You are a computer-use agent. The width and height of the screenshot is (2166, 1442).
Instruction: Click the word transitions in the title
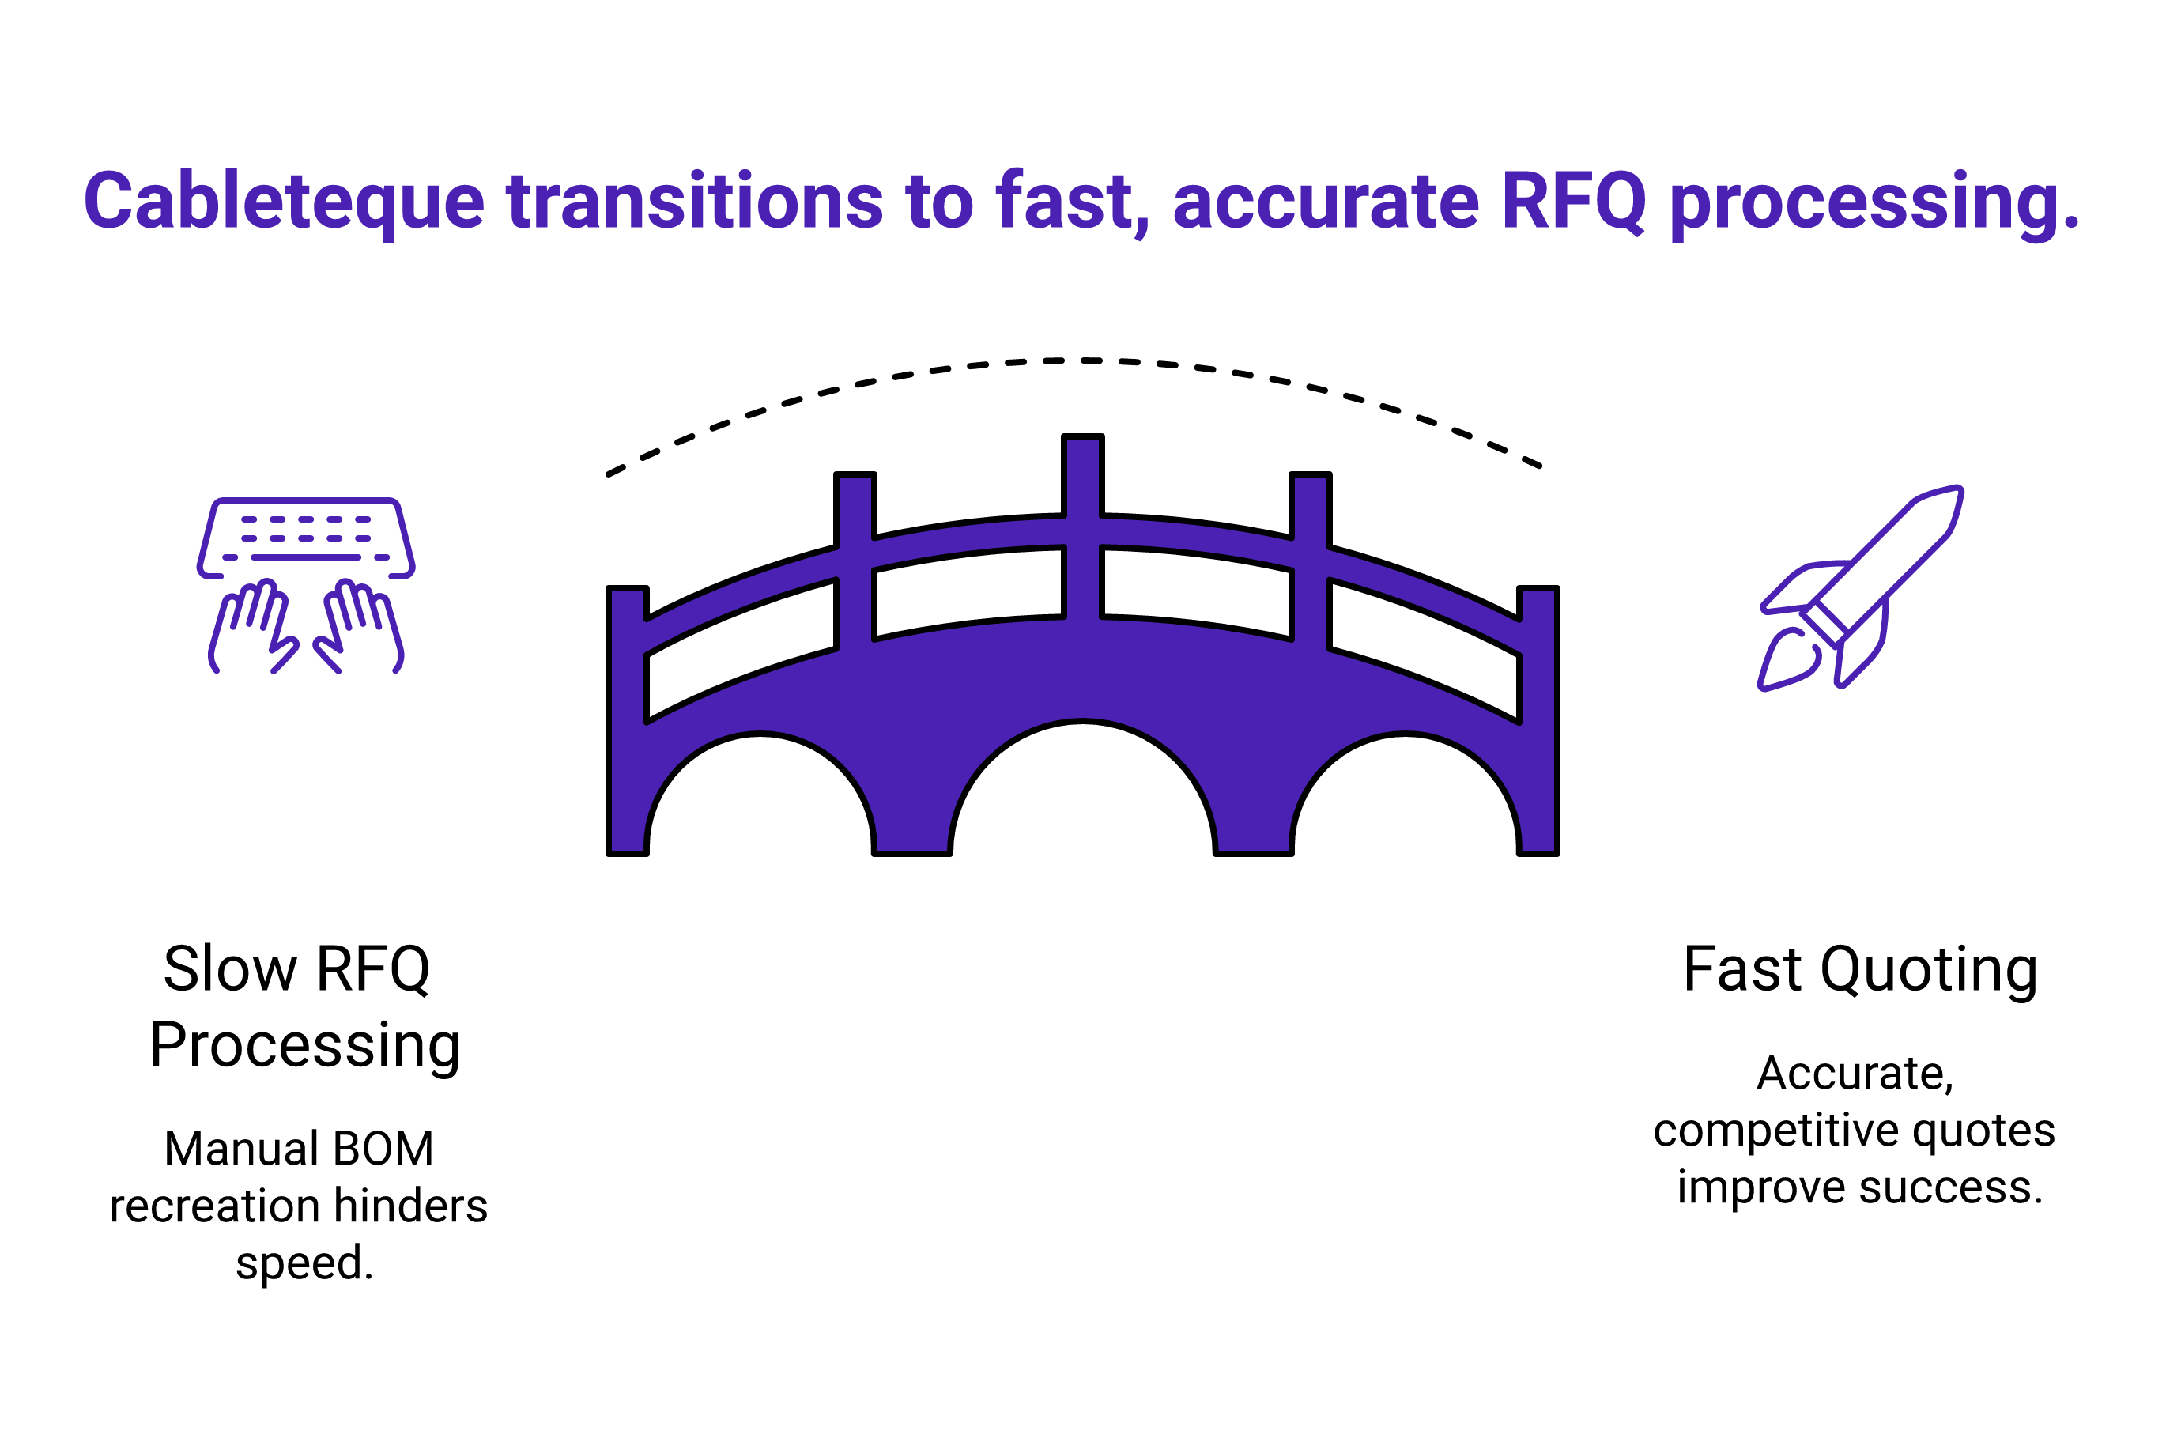tap(695, 201)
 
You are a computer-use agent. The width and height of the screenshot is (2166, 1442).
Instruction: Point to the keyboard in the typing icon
tap(305, 538)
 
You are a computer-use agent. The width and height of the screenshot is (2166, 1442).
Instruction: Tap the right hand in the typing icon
tap(359, 626)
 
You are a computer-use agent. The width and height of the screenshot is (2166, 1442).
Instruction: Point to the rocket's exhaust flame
tap(1788, 660)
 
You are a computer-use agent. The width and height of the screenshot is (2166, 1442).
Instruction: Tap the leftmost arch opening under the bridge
tap(760, 795)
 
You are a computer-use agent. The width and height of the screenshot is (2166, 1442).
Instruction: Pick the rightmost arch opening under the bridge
tap(1406, 795)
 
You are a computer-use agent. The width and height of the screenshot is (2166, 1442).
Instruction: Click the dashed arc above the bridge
tap(1082, 360)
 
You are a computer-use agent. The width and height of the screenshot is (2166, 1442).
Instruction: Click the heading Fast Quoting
tap(1860, 969)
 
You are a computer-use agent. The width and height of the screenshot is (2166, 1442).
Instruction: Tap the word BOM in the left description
tap(383, 1149)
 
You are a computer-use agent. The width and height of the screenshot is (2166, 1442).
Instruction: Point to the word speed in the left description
tap(300, 1264)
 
